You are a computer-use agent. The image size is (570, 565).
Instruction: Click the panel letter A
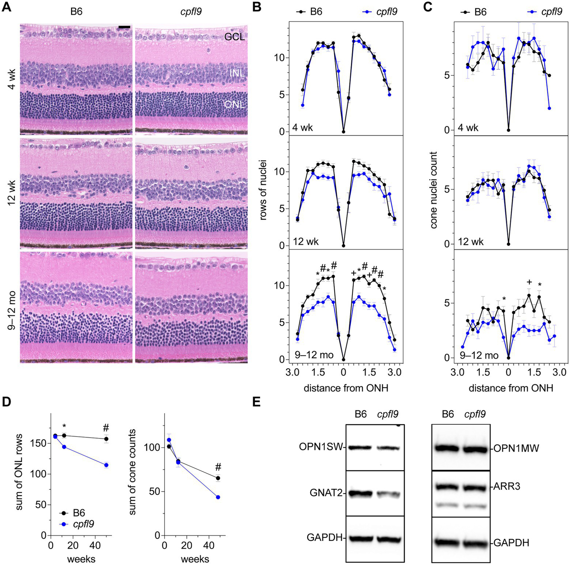(x=6, y=7)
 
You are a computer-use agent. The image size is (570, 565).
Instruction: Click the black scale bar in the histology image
(x=124, y=27)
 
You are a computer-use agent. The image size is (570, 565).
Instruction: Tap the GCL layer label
(x=234, y=36)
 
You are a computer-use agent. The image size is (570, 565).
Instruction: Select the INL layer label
(x=237, y=73)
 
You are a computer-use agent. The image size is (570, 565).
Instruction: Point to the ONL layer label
(x=234, y=104)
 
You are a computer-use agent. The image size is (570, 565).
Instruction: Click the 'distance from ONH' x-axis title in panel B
(x=346, y=388)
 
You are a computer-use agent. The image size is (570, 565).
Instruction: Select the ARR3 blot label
(x=507, y=486)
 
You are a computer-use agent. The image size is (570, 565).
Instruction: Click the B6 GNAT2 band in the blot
(x=360, y=493)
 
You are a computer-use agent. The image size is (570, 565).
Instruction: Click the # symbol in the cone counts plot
(x=218, y=467)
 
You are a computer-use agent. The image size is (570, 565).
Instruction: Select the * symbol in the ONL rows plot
(x=64, y=425)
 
